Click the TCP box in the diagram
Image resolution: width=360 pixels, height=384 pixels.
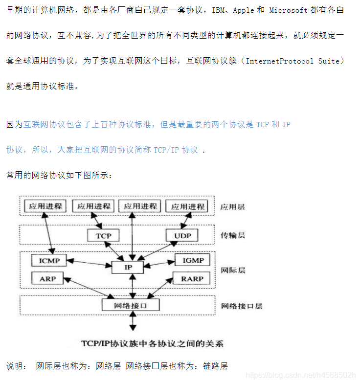(x=103, y=236)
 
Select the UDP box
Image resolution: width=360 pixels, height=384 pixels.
(x=182, y=236)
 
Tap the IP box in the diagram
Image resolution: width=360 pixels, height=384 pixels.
(x=128, y=267)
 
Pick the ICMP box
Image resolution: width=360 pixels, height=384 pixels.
(x=49, y=260)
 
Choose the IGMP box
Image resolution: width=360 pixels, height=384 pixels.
(x=193, y=260)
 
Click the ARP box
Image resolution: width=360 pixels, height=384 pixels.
(x=47, y=279)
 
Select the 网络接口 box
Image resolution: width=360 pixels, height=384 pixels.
(x=130, y=305)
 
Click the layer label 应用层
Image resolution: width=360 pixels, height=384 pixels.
(x=232, y=207)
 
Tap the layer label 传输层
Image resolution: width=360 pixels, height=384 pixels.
(x=232, y=236)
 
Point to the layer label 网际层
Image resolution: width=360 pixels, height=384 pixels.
(x=232, y=270)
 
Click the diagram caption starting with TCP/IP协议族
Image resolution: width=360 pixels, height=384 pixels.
(x=152, y=343)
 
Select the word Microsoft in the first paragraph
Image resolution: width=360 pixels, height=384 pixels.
(x=289, y=10)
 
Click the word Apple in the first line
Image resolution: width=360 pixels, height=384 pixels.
(x=244, y=10)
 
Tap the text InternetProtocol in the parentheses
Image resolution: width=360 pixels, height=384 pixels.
(x=280, y=61)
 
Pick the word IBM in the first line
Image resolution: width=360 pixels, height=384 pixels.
(x=218, y=10)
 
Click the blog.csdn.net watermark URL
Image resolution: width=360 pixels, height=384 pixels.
(x=300, y=375)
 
